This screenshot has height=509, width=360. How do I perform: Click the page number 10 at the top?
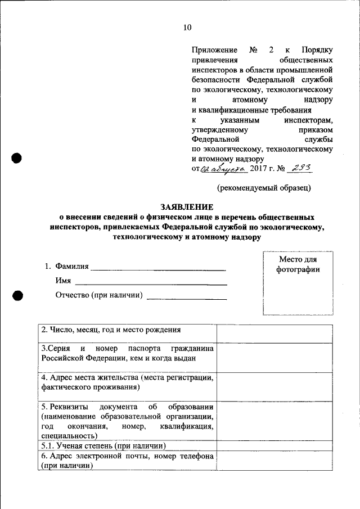[x=187, y=28]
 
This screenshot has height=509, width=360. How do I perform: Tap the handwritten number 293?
[x=300, y=167]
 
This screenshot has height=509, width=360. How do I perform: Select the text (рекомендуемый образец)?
[x=264, y=187]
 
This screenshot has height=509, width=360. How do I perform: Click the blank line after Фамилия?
[x=158, y=267]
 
